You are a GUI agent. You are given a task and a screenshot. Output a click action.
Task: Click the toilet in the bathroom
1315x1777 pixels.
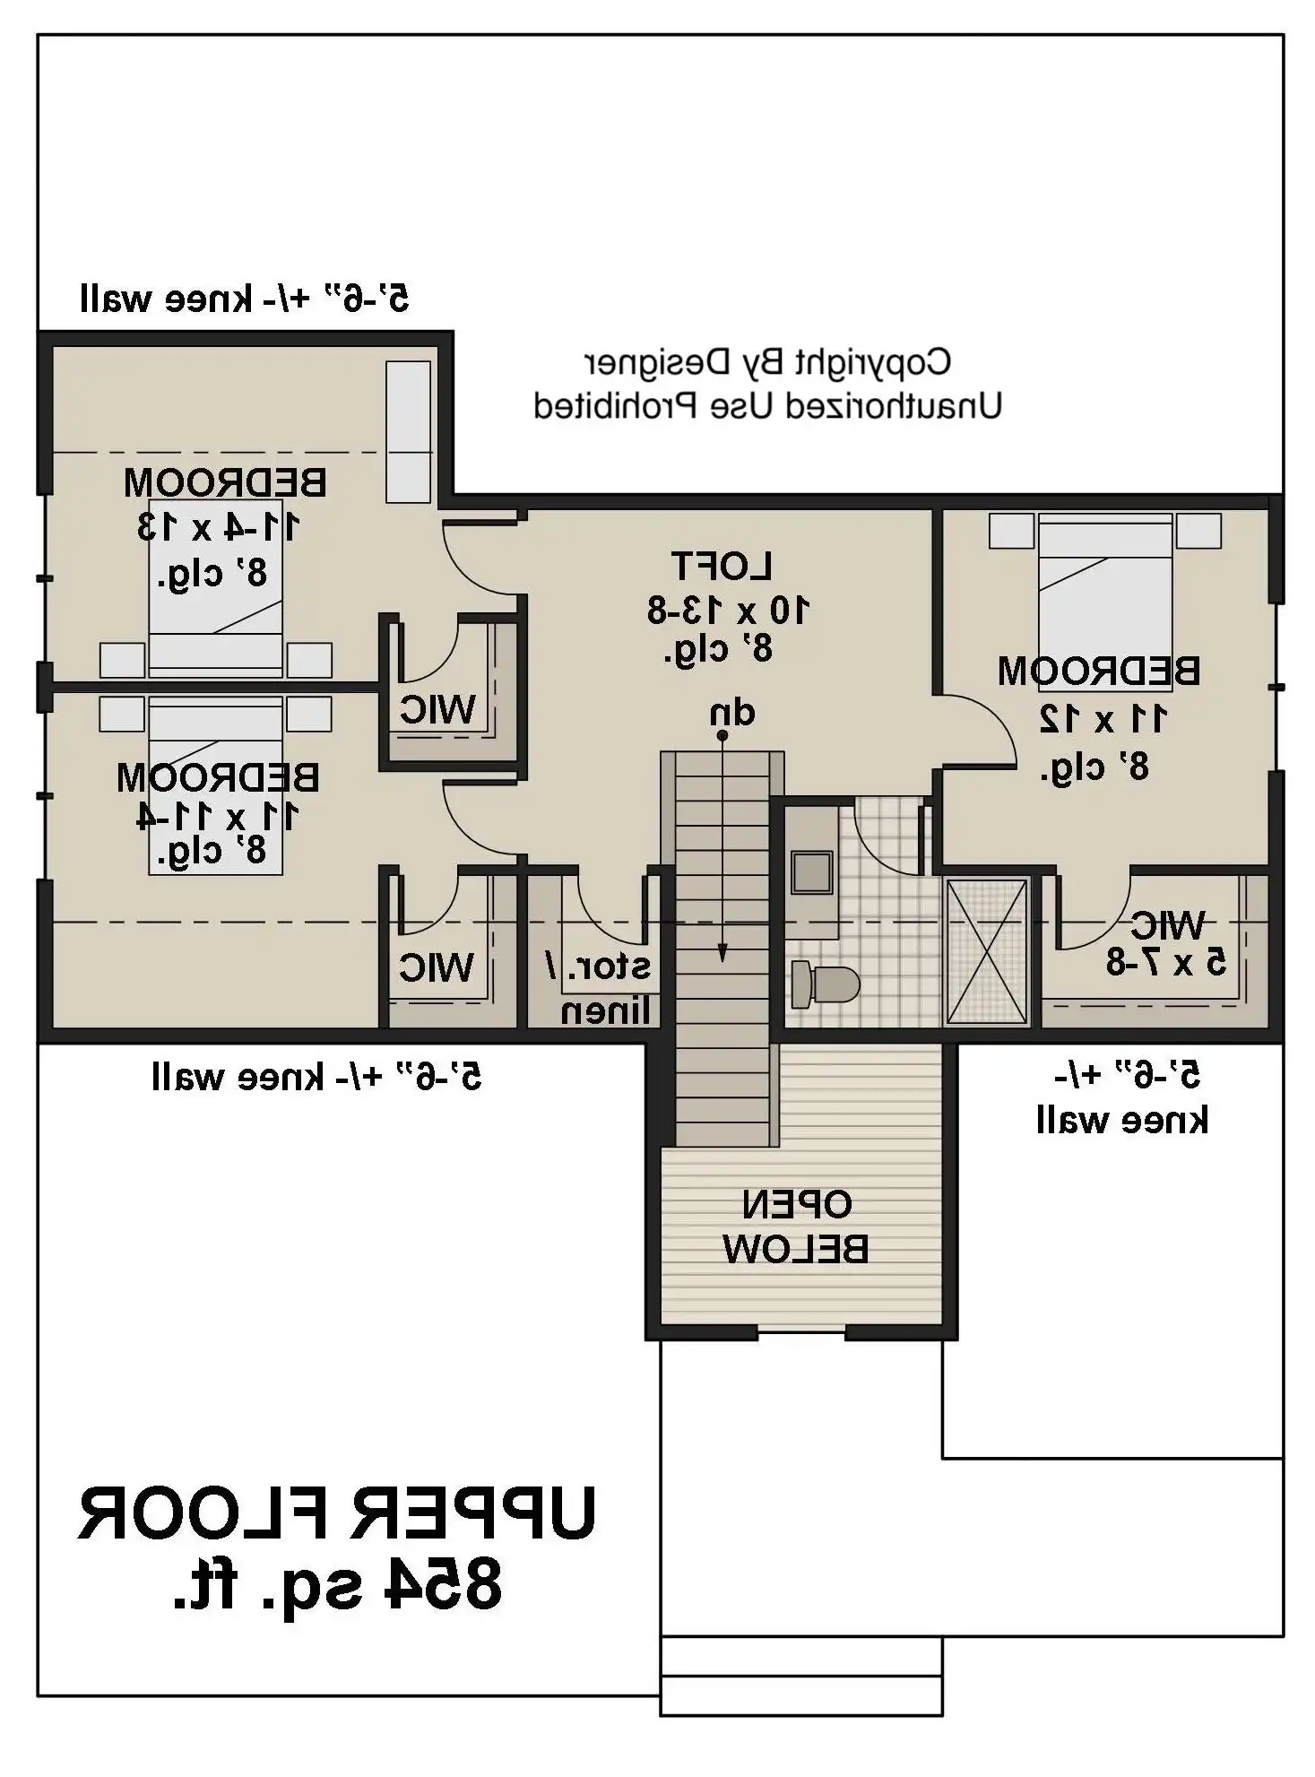pos(825,984)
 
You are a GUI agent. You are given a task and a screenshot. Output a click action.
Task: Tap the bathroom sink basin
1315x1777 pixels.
pos(812,871)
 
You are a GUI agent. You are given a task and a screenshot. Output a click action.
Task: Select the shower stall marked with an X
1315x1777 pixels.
pos(986,950)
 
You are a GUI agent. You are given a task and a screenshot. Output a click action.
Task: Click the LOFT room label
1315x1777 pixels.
pos(722,566)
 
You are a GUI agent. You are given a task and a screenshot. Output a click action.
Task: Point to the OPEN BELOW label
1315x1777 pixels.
pos(796,1227)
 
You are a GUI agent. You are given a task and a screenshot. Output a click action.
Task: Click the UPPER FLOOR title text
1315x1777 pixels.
pos(336,1514)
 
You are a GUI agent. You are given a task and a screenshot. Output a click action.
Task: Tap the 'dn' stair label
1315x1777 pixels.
pos(732,713)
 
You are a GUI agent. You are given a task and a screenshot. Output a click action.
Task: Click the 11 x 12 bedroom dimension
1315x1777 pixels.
pos(1103,718)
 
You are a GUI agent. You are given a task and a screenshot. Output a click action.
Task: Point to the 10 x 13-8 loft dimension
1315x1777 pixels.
pos(728,611)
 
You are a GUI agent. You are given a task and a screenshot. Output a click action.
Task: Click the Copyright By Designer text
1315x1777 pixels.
pos(767,363)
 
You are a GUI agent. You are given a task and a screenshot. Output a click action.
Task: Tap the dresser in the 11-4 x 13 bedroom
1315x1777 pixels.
pos(408,431)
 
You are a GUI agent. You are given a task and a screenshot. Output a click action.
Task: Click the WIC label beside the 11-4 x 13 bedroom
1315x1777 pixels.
pos(437,709)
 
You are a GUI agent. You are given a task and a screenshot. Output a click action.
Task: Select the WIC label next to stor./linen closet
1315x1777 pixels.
pos(437,967)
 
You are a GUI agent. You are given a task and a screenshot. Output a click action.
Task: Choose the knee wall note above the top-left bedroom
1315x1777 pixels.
pos(244,298)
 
